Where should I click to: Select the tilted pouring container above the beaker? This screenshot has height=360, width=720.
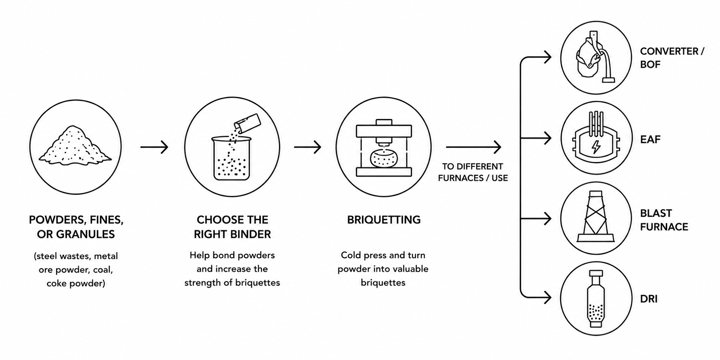pos(248,123)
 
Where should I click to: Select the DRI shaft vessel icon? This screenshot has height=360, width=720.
pos(596,299)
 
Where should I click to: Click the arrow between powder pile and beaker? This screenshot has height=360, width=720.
pos(154,147)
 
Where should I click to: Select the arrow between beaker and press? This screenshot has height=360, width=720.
pos(308,147)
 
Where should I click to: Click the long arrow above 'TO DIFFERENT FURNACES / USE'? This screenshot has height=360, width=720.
pos(474,147)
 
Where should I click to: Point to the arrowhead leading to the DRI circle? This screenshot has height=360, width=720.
pos(548,298)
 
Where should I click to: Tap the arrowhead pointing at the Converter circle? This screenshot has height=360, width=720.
pos(548,57)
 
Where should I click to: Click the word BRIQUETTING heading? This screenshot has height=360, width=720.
pos(384,220)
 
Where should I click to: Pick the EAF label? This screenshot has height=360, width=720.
pos(650,140)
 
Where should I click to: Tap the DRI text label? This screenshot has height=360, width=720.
pos(649,299)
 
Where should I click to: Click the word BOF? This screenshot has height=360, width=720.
pos(650,65)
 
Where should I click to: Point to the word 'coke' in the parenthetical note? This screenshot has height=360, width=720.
pos(56,283)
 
